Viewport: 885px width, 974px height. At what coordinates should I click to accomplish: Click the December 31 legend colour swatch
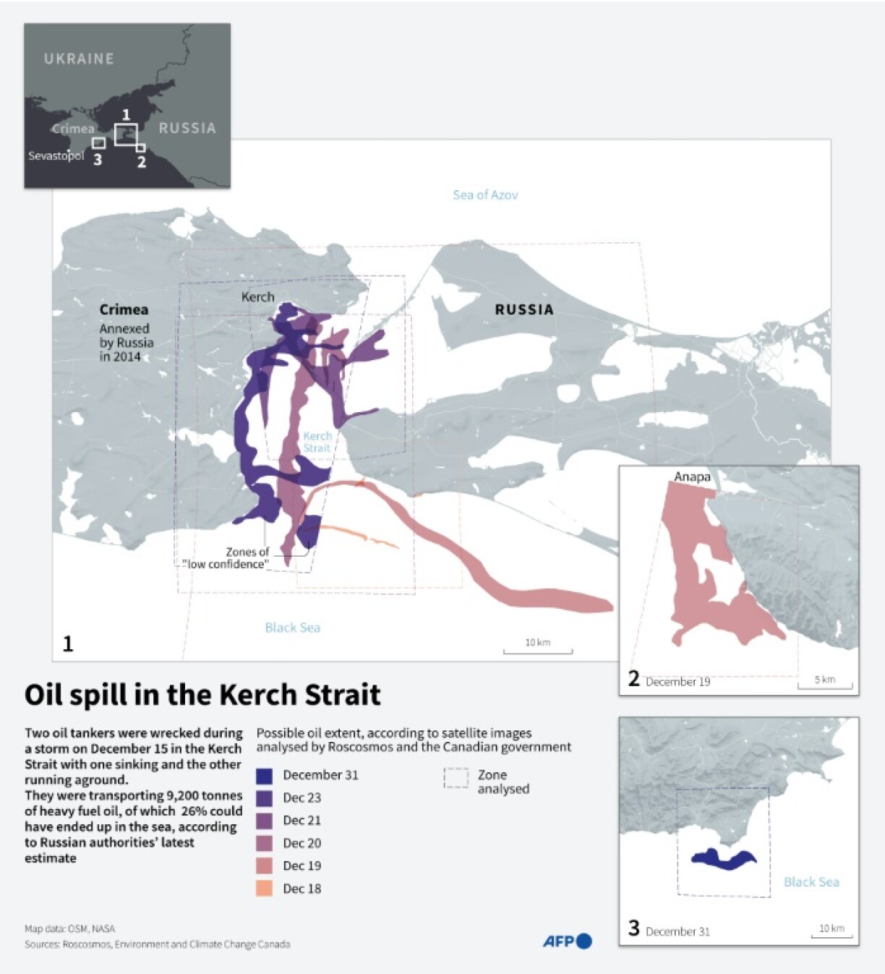pos(265,775)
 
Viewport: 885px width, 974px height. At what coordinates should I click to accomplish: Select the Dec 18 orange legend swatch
pos(265,889)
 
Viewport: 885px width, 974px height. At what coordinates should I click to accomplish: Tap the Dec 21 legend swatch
pos(265,821)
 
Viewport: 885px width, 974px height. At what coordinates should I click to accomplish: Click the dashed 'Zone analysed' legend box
pos(456,778)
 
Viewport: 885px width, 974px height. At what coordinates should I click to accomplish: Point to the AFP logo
pos(568,941)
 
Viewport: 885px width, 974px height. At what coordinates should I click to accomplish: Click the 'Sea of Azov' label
pos(485,195)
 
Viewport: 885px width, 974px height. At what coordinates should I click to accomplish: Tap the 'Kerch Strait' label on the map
pos(317,442)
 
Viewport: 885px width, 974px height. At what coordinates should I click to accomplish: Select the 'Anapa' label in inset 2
pos(692,477)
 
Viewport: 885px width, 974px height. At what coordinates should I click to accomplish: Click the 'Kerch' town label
pos(257,296)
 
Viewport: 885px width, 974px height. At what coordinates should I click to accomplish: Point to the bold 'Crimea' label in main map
pos(124,309)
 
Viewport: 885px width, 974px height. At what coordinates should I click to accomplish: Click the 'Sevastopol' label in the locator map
pos(56,155)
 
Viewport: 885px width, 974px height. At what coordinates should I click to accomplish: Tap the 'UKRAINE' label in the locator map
pos(79,59)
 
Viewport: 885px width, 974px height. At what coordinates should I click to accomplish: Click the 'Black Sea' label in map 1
pos(292,628)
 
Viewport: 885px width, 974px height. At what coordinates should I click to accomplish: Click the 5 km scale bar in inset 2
pos(824,683)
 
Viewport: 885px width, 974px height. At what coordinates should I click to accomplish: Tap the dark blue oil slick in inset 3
pos(724,859)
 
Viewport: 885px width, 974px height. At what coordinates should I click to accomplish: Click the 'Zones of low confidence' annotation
pos(227,558)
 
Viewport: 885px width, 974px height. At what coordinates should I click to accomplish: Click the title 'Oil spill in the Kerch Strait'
pos(202,694)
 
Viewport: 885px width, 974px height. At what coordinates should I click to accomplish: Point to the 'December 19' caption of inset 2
pos(677,681)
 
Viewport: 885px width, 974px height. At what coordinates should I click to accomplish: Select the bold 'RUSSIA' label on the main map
pos(523,309)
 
